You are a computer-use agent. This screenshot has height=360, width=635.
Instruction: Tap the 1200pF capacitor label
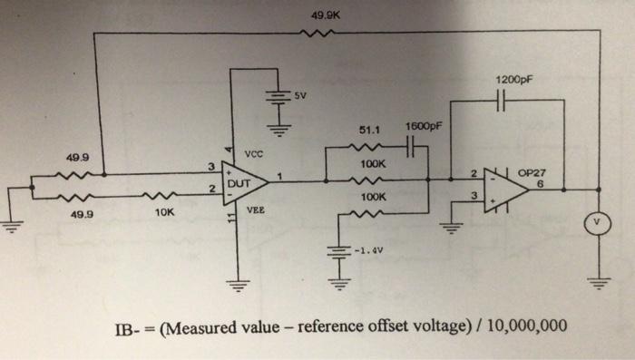click(513, 80)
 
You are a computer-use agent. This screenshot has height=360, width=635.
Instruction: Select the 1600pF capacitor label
click(422, 127)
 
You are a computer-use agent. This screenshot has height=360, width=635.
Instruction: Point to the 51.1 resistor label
click(366, 130)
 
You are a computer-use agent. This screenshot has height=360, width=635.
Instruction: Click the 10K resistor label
click(163, 215)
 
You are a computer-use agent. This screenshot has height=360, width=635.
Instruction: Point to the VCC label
click(255, 154)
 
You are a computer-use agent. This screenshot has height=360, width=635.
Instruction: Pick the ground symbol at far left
click(12, 227)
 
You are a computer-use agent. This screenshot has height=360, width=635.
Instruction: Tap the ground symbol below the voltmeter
click(598, 282)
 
